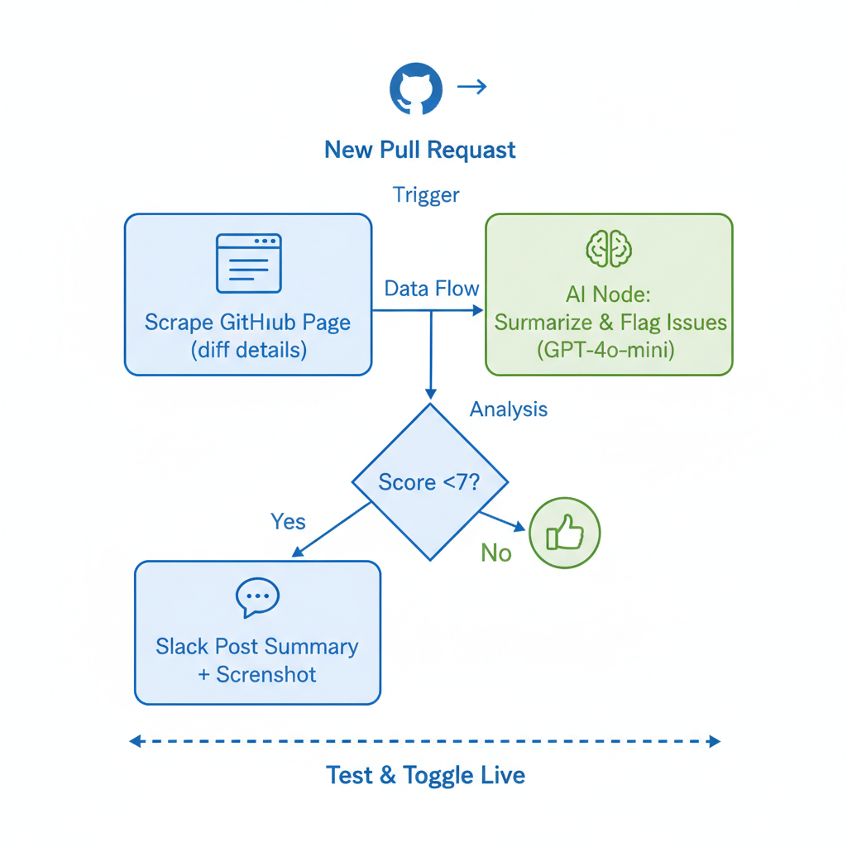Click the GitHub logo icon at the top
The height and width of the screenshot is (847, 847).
point(416,88)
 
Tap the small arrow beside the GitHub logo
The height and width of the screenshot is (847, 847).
point(471,86)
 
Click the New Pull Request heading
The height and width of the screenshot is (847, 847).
point(420,150)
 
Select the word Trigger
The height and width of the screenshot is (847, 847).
point(426,195)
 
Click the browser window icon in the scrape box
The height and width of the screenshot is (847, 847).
point(248,263)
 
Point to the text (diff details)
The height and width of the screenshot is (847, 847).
point(248,350)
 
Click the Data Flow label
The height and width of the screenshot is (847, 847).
point(432,289)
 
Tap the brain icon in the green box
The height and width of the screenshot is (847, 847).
point(609,247)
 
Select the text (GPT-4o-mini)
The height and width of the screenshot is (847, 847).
point(606,350)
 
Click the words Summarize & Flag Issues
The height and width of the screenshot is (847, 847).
point(610,322)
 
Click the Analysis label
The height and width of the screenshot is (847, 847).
point(508,409)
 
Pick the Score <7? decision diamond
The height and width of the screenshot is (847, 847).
point(429,481)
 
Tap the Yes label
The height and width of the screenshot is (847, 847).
point(288,522)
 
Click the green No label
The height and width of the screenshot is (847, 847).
point(496,553)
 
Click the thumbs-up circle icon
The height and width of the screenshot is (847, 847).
point(565,534)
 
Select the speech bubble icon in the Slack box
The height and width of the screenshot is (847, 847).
point(257,596)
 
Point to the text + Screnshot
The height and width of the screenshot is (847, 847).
point(257,674)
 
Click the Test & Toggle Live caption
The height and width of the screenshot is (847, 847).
point(425,776)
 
